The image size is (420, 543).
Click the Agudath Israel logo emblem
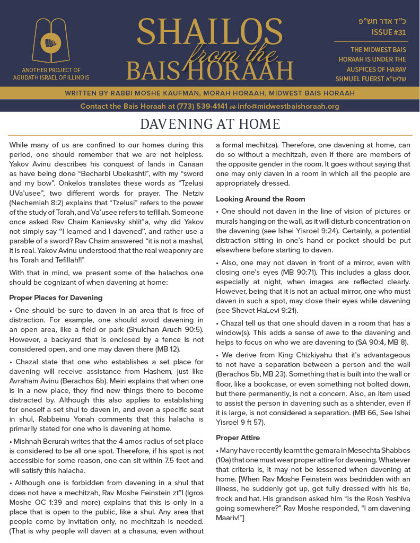click(x=51, y=41)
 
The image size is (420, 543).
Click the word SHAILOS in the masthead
click(x=209, y=33)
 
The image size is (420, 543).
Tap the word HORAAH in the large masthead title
click(x=253, y=70)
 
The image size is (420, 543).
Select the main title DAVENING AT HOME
click(x=210, y=125)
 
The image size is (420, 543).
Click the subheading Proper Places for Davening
click(x=56, y=297)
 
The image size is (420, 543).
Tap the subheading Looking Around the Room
click(x=260, y=199)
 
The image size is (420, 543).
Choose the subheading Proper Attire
click(x=238, y=437)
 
